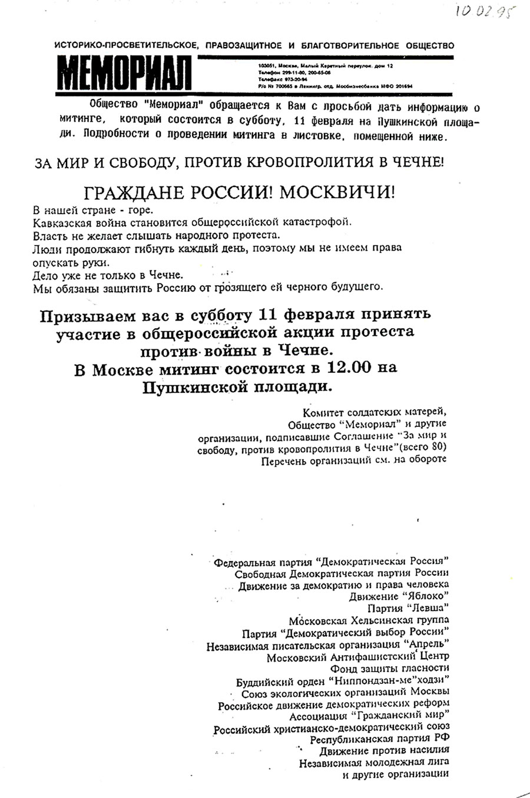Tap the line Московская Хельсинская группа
point(369,620)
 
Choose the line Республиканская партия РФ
point(380,740)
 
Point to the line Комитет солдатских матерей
point(371,412)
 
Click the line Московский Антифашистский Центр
point(357,656)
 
